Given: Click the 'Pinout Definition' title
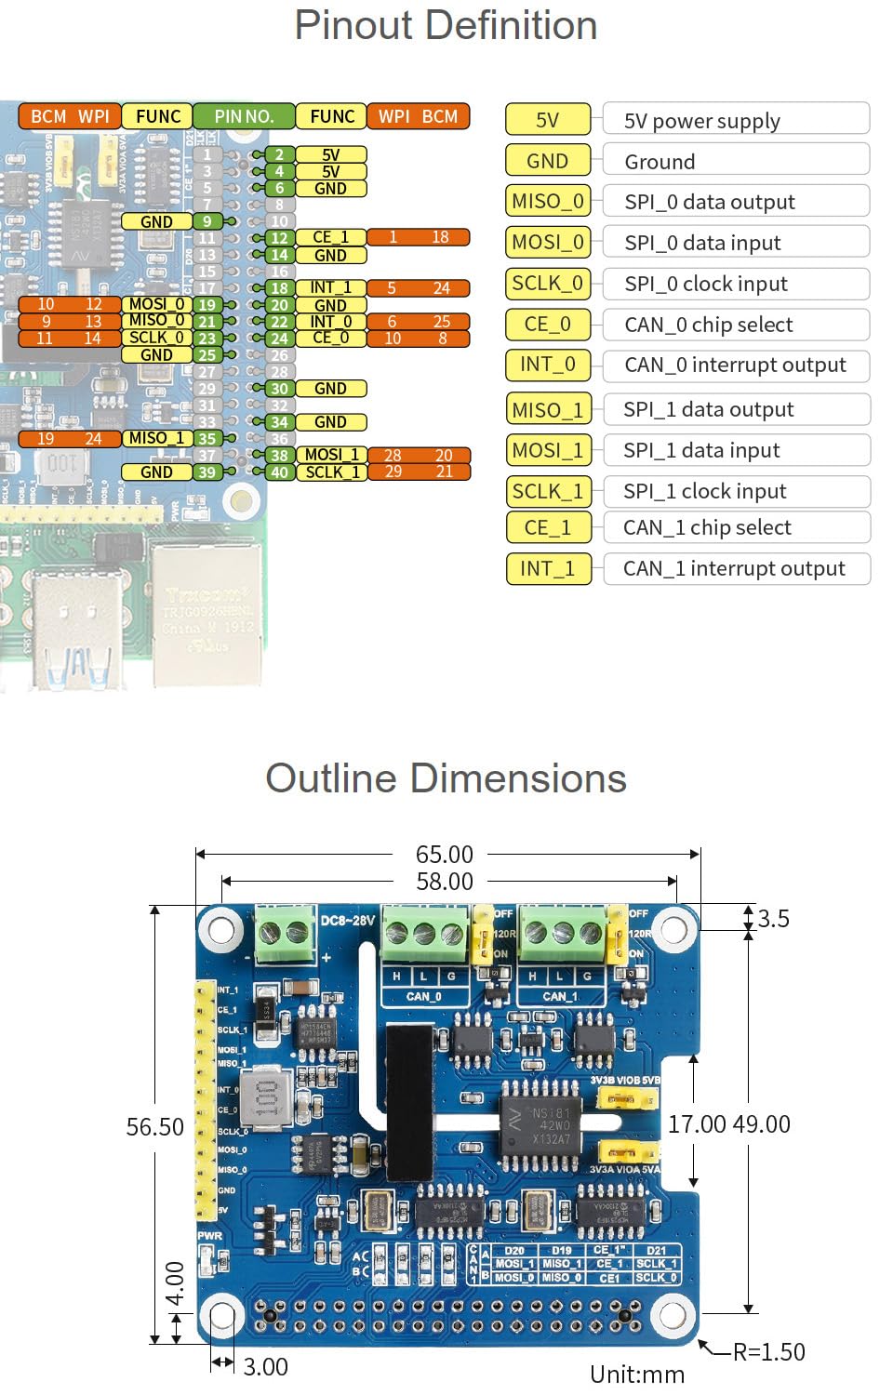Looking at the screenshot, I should pyautogui.click(x=446, y=25).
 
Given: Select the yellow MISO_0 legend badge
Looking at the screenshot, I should pyautogui.click(x=548, y=201).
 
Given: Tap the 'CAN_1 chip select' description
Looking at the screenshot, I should pyautogui.click(x=707, y=527).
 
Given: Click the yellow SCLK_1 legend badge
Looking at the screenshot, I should pyautogui.click(x=548, y=491).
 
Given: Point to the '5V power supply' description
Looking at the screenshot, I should pyautogui.click(x=702, y=121).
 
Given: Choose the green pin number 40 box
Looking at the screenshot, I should pyautogui.click(x=279, y=472).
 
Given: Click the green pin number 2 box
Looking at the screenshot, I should pyautogui.click(x=279, y=155).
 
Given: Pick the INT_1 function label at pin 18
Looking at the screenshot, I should pyautogui.click(x=331, y=288).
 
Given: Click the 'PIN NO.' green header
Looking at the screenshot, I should pyautogui.click(x=244, y=116).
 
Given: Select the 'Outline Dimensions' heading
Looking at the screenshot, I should pyautogui.click(x=446, y=778).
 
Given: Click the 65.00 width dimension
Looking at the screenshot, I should pyautogui.click(x=444, y=854).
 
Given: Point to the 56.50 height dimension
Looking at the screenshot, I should pyautogui.click(x=155, y=1127).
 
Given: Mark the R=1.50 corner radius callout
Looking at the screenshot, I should pyautogui.click(x=768, y=1351).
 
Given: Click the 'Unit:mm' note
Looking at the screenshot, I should pyautogui.click(x=637, y=1375).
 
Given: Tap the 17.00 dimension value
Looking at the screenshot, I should pyautogui.click(x=697, y=1124).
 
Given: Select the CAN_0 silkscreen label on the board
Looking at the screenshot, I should pyautogui.click(x=424, y=996).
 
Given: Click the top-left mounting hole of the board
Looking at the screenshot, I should pyautogui.click(x=221, y=929).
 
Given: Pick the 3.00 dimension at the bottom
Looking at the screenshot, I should pyautogui.click(x=265, y=1366).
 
